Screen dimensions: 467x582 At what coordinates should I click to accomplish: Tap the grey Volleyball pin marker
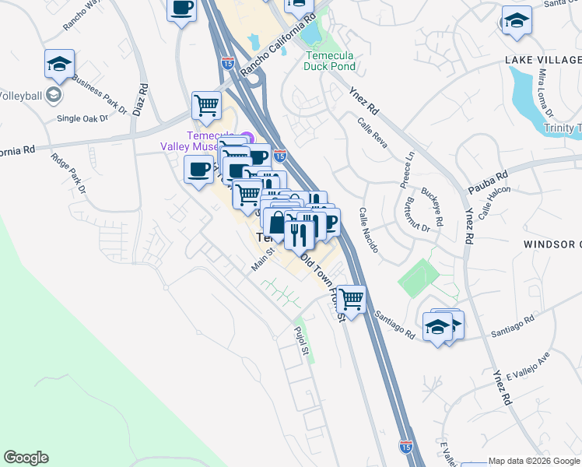(53, 96)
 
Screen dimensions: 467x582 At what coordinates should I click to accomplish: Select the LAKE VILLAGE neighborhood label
(542, 60)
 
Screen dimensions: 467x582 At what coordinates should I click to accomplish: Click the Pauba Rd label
(488, 183)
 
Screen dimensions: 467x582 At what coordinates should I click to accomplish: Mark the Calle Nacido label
(368, 230)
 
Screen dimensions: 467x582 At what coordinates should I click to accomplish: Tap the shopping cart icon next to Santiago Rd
(352, 299)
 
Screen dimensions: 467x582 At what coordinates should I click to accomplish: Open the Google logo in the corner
(26, 458)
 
